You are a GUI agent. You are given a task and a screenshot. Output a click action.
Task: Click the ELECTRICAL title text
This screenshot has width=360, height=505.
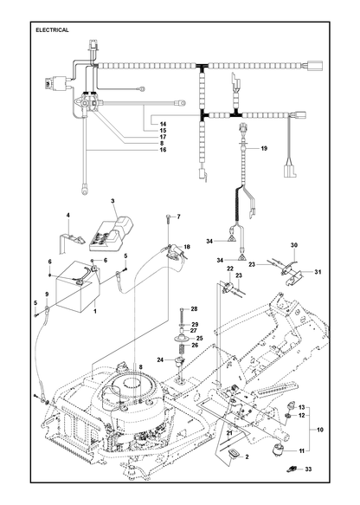pos(52,30)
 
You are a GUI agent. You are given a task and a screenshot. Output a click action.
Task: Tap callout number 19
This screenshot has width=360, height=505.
pos(264,148)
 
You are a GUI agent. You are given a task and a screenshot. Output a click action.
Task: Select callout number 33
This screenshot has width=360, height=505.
pos(308,469)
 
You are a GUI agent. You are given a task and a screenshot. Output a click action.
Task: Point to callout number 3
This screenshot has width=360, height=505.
pos(112,201)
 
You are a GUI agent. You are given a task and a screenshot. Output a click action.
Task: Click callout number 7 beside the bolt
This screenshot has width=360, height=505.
pos(178,217)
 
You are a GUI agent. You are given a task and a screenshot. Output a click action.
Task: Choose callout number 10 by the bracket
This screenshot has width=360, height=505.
pos(320,430)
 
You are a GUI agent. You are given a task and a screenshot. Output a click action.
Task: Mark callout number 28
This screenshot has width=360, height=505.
pos(194,309)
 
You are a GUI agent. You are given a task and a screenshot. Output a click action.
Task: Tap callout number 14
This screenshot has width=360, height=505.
pos(163,124)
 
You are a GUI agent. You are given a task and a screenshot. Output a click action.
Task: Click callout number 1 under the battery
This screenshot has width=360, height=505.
pos(95,312)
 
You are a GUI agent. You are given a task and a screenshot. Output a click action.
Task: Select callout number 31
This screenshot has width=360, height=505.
pos(318,272)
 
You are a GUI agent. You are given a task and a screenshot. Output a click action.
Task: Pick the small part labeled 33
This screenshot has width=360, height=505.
pos(291,469)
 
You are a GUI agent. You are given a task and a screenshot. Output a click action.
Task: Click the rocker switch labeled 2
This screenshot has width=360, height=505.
pos(234,454)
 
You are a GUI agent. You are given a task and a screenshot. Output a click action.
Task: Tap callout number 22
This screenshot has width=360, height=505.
pos(229,269)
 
